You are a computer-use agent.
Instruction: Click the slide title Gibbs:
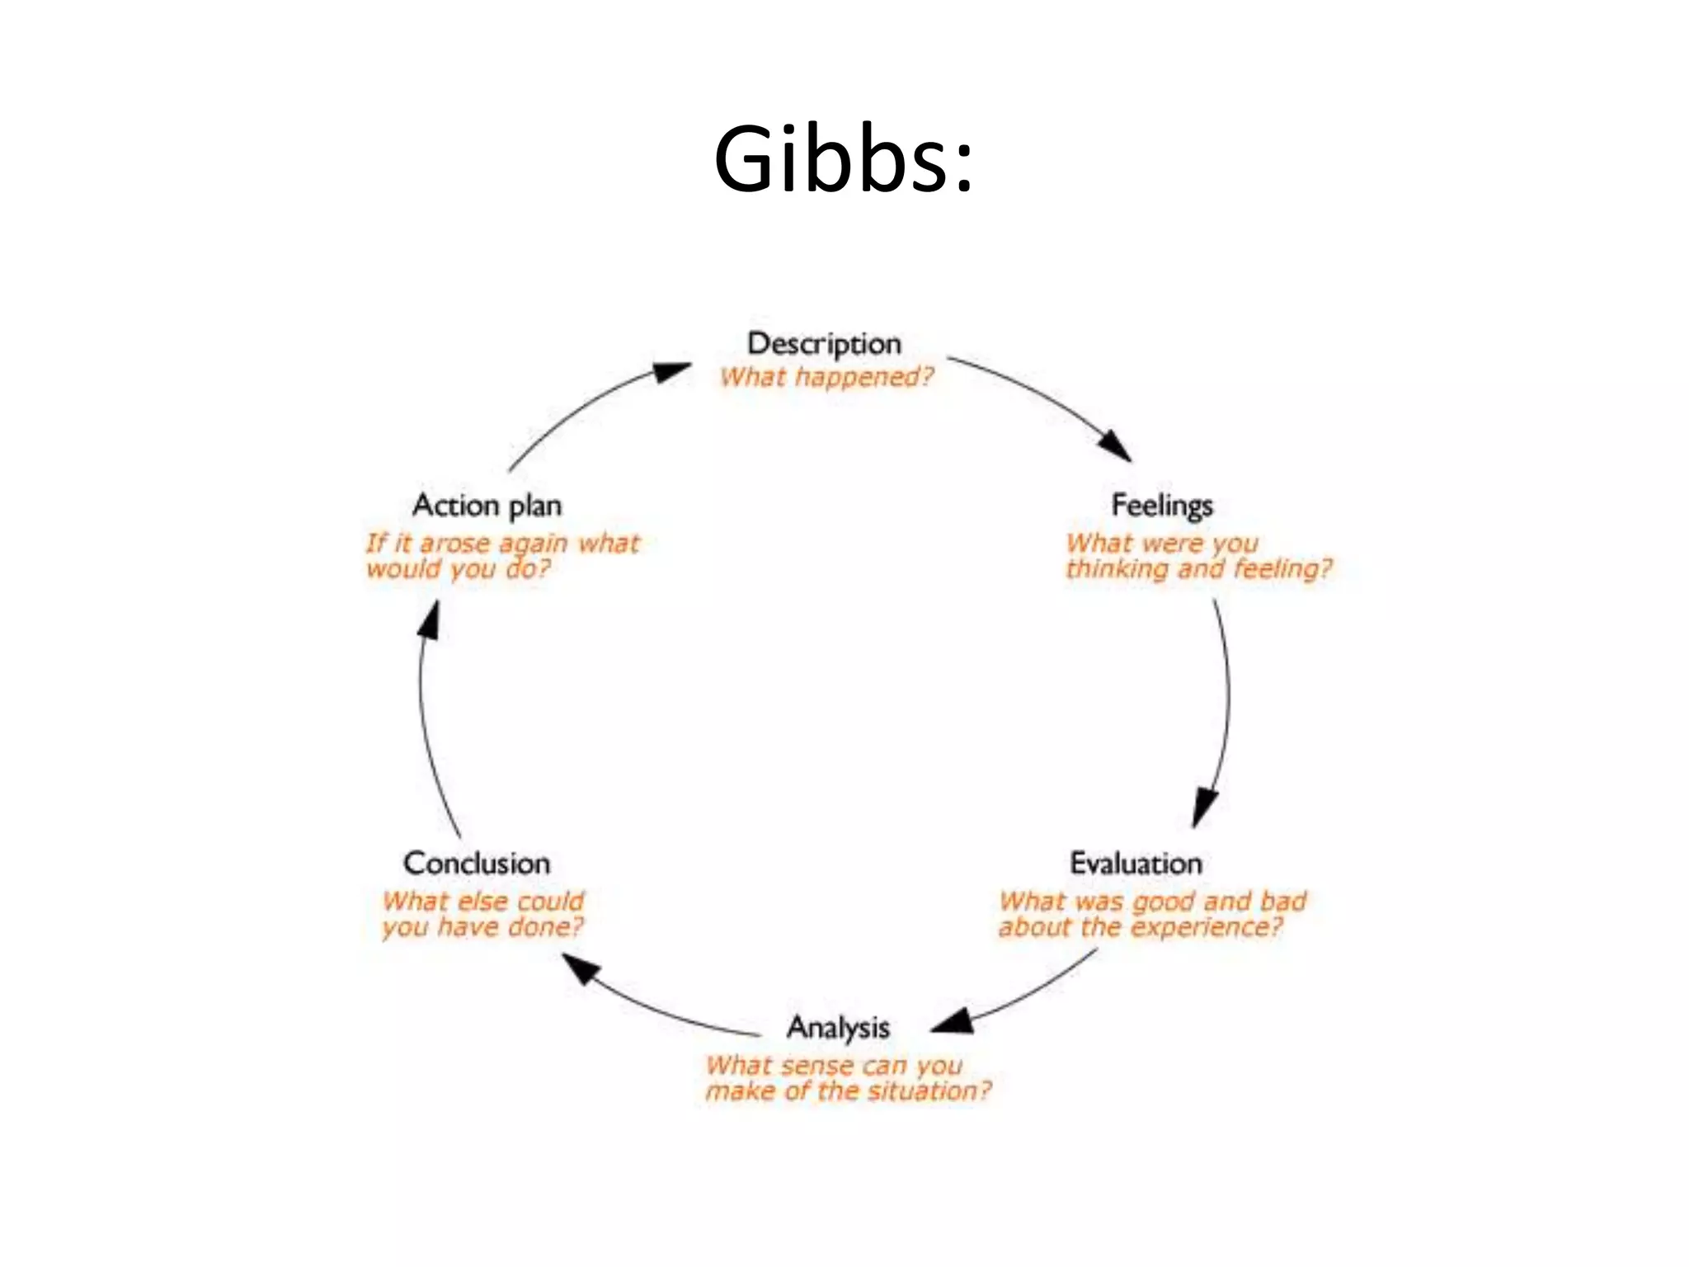click(844, 158)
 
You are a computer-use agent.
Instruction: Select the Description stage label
click(824, 343)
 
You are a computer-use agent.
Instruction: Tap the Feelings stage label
click(1162, 505)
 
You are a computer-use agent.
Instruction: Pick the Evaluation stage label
click(1136, 863)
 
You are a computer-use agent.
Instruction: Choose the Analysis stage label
click(838, 1027)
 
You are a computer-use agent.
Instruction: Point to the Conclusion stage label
click(477, 863)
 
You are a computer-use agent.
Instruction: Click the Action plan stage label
click(487, 505)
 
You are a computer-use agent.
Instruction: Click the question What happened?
click(826, 377)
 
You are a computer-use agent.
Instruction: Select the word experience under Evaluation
click(1207, 927)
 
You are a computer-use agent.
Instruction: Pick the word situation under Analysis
click(929, 1090)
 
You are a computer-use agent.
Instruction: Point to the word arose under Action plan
click(455, 544)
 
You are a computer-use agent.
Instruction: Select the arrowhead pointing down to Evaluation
click(1205, 807)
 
